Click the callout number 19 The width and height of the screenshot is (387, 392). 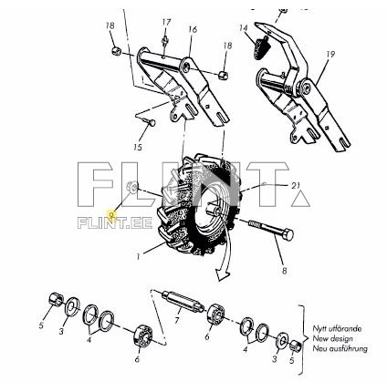(x=330, y=55)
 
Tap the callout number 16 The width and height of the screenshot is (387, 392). (x=193, y=29)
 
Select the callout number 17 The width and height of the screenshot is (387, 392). (x=166, y=22)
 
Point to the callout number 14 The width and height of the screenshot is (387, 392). (x=243, y=28)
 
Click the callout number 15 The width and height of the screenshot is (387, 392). (x=138, y=148)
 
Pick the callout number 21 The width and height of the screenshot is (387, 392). (x=296, y=185)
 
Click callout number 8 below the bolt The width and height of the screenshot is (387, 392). (x=284, y=271)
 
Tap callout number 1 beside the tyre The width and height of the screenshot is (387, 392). (x=138, y=257)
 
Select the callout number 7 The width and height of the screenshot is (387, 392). (x=177, y=320)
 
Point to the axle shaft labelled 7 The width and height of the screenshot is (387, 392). (x=183, y=302)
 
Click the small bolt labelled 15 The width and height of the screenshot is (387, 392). (x=149, y=122)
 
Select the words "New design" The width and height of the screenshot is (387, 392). (x=333, y=338)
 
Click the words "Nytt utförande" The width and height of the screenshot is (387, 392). (x=338, y=329)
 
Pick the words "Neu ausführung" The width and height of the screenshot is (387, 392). (x=340, y=348)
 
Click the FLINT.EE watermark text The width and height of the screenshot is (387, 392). (x=115, y=222)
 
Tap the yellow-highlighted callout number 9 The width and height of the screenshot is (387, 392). (x=112, y=214)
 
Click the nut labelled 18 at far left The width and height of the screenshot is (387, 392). (x=117, y=51)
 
